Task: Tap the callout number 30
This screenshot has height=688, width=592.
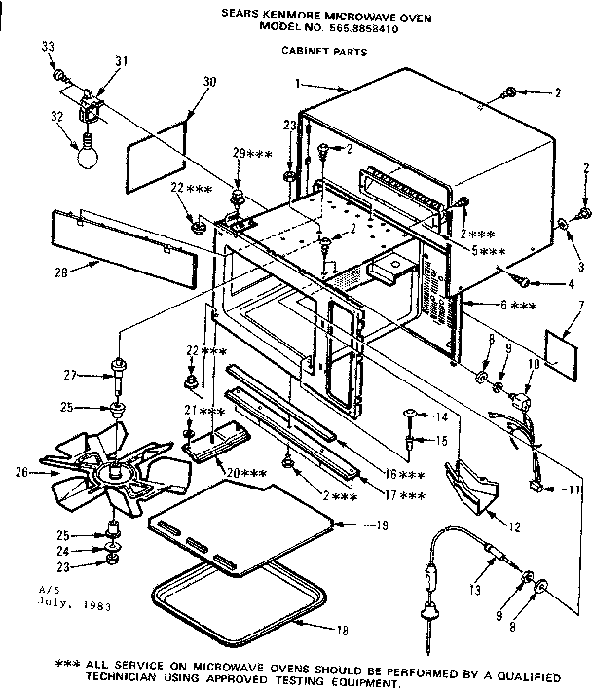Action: point(208,82)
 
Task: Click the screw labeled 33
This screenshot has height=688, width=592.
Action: point(58,74)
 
